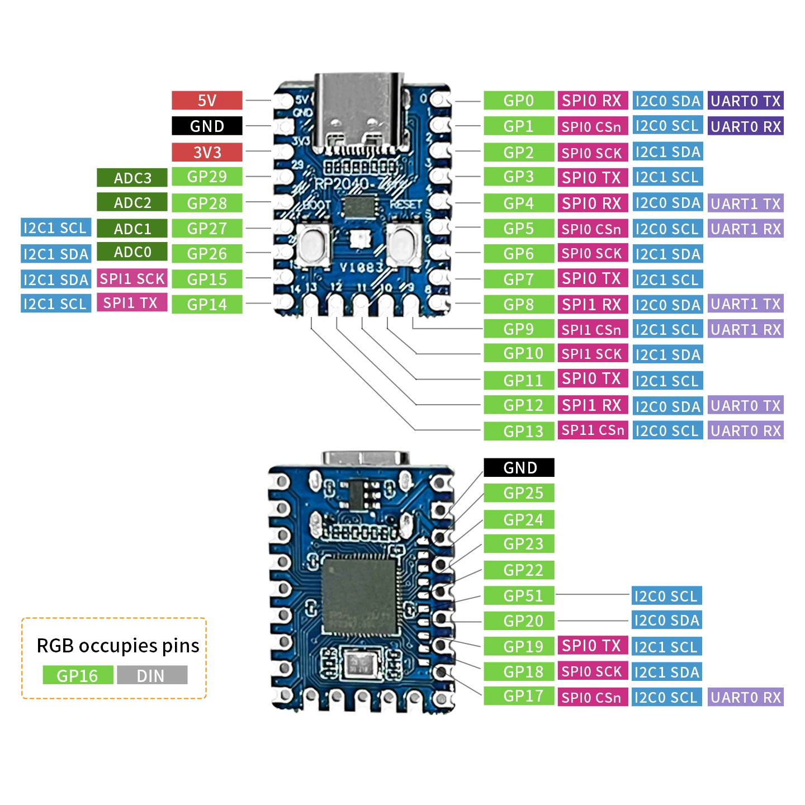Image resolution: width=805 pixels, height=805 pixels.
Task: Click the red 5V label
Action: [207, 101]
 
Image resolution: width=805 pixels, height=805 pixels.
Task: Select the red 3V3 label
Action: [207, 152]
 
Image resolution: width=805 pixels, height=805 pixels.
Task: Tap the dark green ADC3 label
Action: [132, 178]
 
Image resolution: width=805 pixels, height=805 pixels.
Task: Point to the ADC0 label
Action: [132, 252]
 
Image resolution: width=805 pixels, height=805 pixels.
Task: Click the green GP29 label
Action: [207, 177]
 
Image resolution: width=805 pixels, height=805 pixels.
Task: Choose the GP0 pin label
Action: [518, 101]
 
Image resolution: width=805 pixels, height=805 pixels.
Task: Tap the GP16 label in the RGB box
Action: [77, 675]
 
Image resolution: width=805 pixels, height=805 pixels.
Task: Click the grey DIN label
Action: [151, 675]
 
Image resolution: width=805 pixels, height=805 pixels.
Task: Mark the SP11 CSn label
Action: [593, 430]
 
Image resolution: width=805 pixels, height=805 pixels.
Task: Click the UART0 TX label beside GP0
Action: [745, 101]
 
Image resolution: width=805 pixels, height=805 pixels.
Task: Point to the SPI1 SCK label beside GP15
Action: [132, 278]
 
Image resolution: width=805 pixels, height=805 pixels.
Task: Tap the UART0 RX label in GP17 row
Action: [745, 697]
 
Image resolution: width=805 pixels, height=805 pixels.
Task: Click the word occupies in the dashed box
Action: [118, 646]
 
